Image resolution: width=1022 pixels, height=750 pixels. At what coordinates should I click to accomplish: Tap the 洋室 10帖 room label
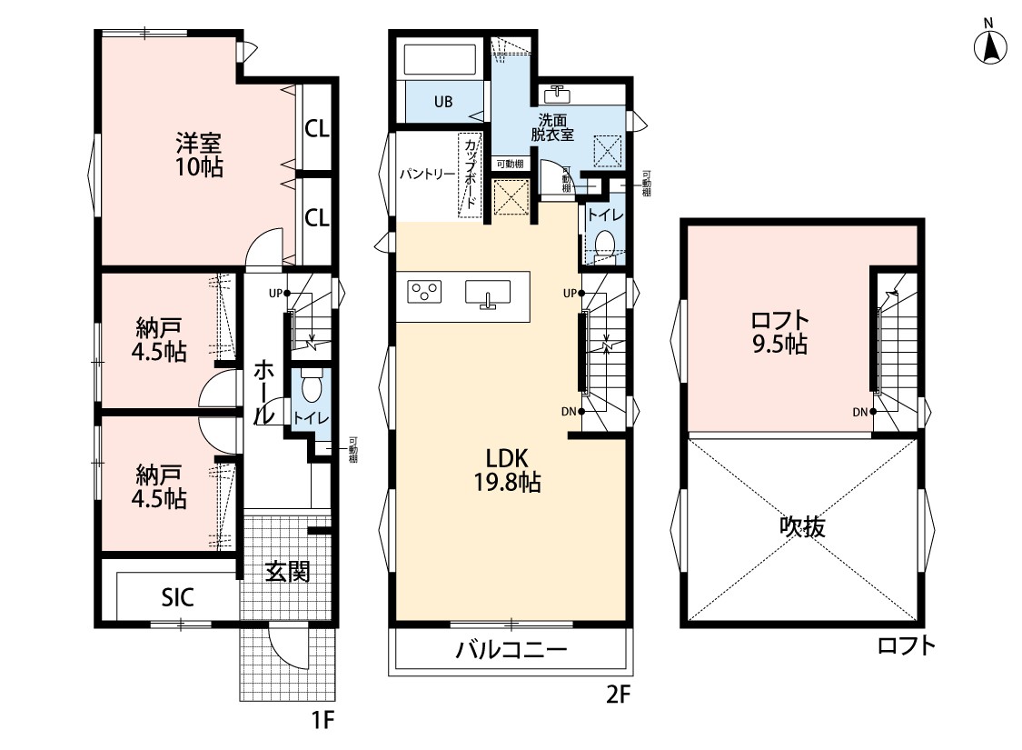coord(199,155)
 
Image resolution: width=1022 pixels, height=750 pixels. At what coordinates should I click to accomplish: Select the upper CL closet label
coord(317,129)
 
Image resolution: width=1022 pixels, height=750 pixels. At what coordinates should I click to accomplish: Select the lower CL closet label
coord(317,217)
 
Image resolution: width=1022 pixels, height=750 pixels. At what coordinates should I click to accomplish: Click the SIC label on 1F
coord(177,596)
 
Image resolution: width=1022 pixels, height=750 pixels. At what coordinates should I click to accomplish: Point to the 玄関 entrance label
coord(287,571)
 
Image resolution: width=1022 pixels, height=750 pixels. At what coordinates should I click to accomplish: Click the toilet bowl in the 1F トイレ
coord(312,385)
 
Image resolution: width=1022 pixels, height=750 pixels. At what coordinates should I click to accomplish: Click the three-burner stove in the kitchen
coord(424,291)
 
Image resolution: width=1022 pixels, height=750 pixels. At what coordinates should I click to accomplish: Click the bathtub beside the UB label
coord(440,59)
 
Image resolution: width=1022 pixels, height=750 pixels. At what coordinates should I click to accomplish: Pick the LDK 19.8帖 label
coord(507,470)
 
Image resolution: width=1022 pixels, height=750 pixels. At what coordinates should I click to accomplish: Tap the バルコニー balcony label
coord(511,650)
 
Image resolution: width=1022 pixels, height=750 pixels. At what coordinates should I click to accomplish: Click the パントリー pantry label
coord(427,175)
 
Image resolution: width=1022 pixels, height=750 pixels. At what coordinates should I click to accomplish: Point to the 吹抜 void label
coord(802,526)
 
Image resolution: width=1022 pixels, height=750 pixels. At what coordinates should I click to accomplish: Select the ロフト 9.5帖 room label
coord(779,331)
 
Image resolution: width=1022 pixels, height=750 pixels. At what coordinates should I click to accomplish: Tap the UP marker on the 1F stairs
coord(275,294)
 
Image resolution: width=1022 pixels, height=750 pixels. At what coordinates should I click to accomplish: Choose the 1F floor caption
coord(322,720)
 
